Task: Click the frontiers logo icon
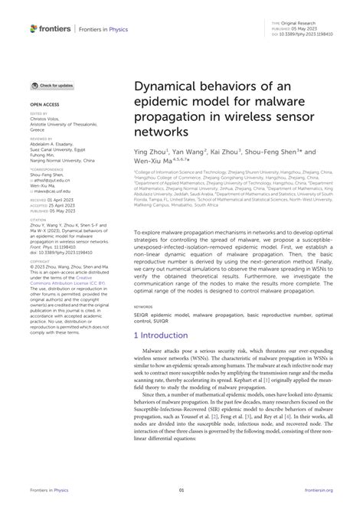click(x=34, y=28)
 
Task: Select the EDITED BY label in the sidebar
click(x=39, y=113)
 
